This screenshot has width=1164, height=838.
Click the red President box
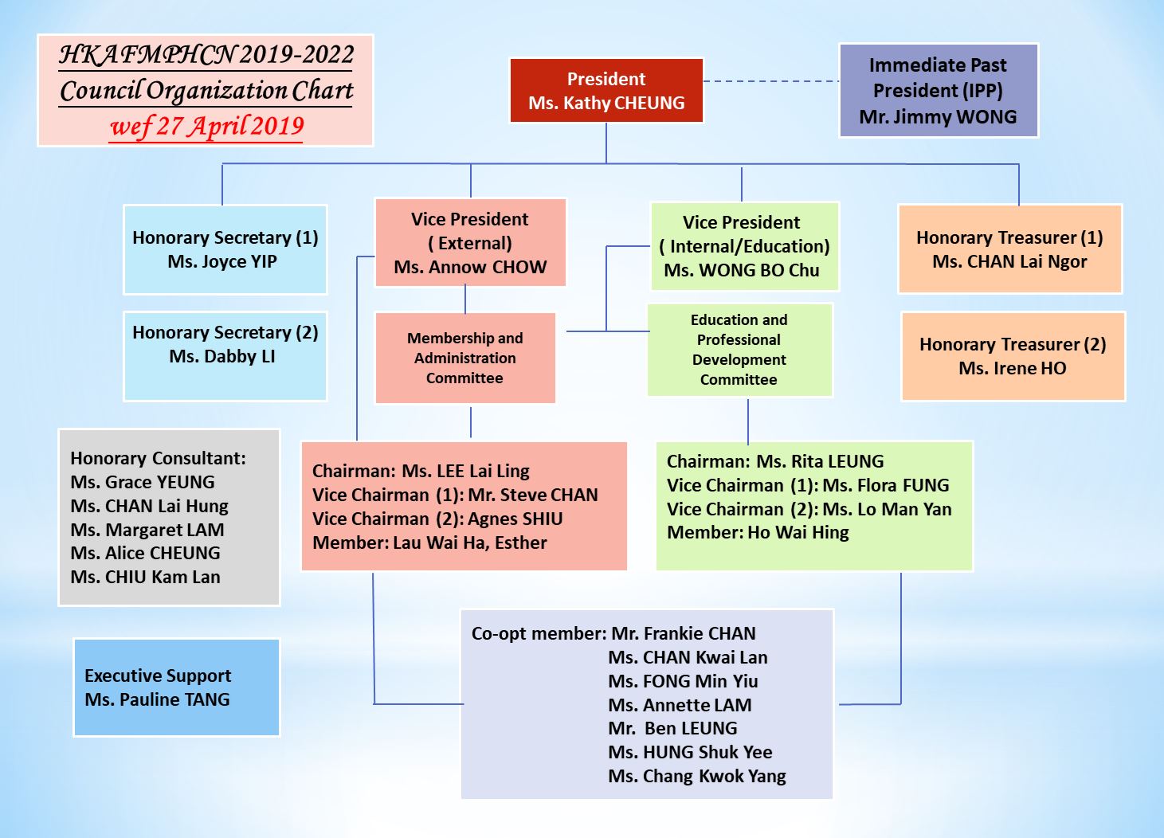click(606, 90)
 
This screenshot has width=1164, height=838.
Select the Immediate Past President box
click(939, 90)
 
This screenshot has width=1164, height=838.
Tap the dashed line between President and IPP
click(772, 81)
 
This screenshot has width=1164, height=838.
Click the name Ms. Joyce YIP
click(222, 261)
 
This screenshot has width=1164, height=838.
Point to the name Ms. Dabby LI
click(222, 356)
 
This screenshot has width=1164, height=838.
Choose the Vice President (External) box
click(470, 243)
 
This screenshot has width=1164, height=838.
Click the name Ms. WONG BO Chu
click(742, 270)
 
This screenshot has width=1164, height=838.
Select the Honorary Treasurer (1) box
click(1009, 249)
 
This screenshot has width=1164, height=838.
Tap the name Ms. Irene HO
click(1013, 368)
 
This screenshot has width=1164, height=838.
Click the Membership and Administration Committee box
click(465, 358)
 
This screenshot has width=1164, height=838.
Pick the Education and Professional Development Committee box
click(739, 350)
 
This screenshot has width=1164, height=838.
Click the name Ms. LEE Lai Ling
click(465, 472)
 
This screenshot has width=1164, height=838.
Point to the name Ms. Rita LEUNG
click(820, 461)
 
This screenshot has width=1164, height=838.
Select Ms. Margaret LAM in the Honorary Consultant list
click(147, 530)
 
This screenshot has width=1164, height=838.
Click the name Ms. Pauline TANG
click(157, 700)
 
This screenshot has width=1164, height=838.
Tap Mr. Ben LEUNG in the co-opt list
click(672, 728)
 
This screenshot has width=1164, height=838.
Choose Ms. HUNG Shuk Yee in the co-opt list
click(690, 752)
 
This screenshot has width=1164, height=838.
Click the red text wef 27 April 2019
click(207, 127)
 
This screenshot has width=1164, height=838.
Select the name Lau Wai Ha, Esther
click(470, 543)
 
